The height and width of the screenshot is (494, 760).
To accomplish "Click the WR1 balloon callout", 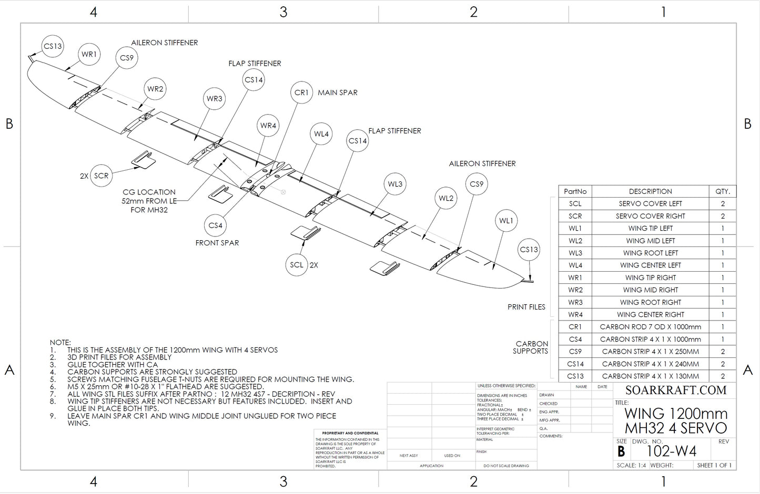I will (89, 54).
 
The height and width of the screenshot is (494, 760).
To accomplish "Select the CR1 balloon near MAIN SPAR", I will (301, 92).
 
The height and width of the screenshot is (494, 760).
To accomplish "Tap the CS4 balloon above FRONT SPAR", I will (215, 225).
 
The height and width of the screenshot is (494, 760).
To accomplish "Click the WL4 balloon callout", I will (321, 134).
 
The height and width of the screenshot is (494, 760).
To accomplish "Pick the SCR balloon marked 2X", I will (101, 176).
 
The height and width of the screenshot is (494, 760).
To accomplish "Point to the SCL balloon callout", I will (297, 265).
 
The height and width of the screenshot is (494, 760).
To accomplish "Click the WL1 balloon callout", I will (506, 221).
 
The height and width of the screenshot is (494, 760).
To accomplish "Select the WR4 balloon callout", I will (268, 126).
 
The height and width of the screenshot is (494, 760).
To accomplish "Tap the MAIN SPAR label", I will (338, 92).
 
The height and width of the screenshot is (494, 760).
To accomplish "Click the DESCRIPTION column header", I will (650, 191).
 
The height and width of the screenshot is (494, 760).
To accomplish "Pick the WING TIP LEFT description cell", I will (650, 228).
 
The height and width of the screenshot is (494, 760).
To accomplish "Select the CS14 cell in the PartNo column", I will (575, 364).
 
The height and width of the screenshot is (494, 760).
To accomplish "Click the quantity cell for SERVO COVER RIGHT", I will (723, 216).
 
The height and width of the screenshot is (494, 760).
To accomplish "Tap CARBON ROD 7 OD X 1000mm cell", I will (650, 327).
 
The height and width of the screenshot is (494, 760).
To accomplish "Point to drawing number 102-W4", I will (671, 451).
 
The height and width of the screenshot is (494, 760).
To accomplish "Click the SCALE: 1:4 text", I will (631, 465).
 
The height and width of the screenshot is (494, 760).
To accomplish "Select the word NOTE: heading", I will (60, 343).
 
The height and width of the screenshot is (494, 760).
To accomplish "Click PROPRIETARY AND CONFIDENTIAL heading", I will (350, 433).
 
